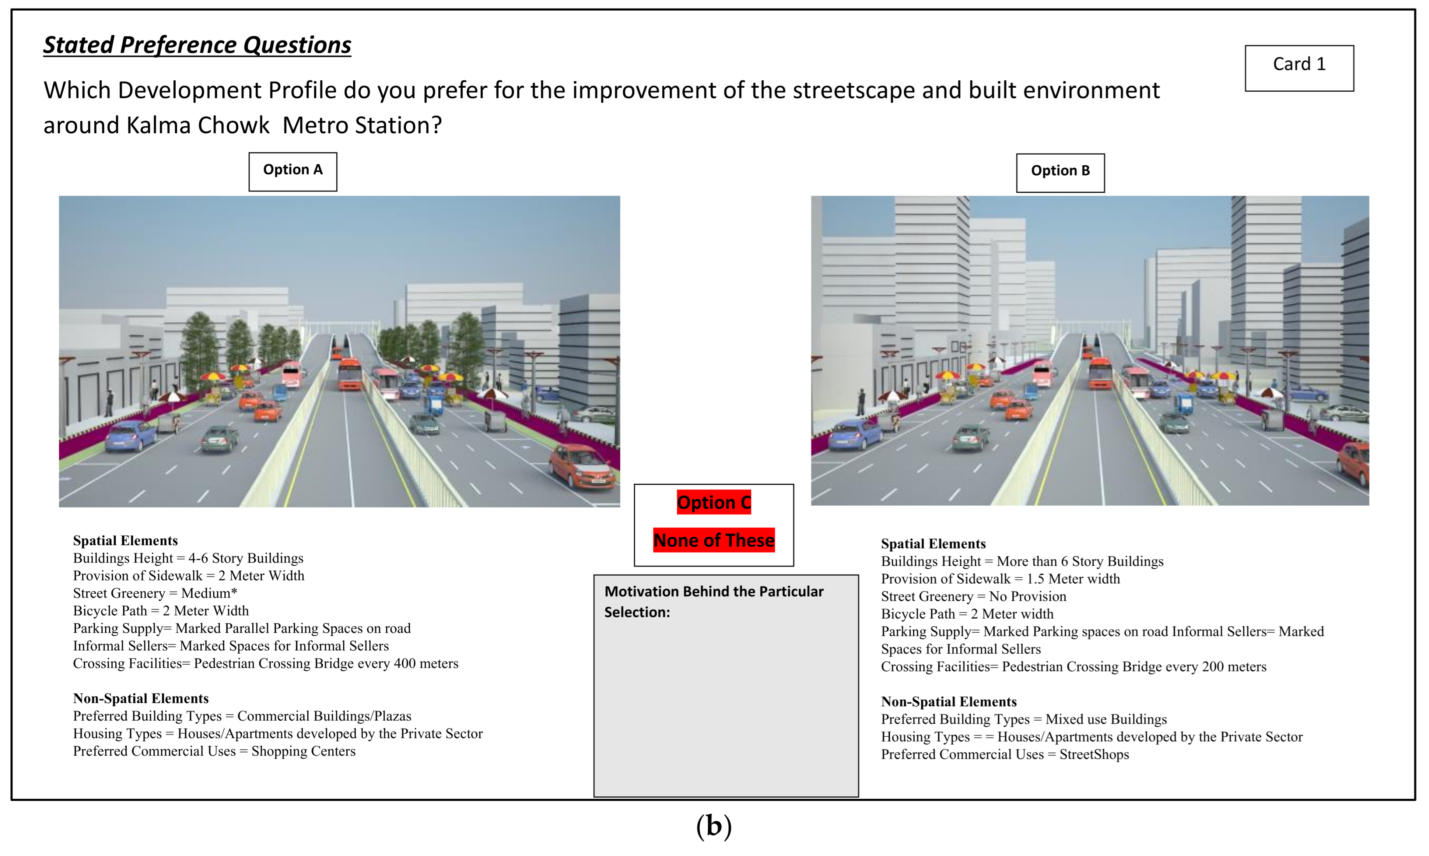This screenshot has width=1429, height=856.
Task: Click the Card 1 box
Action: pyautogui.click(x=1299, y=68)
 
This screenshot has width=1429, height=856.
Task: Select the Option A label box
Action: pyautogui.click(x=293, y=171)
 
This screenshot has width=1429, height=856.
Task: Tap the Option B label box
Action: pyautogui.click(x=1060, y=172)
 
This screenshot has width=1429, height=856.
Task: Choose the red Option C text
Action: pyautogui.click(x=714, y=502)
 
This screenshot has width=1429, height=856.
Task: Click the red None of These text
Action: pyautogui.click(x=714, y=541)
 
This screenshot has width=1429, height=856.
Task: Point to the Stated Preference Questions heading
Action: pyautogui.click(x=197, y=45)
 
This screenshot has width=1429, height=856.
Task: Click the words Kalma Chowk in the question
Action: pyautogui.click(x=198, y=125)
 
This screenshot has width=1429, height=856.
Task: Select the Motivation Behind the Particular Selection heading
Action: pyautogui.click(x=714, y=601)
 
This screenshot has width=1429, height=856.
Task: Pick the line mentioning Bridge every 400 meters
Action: pyautogui.click(x=266, y=663)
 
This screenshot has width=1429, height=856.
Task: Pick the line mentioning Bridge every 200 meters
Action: pyautogui.click(x=1073, y=667)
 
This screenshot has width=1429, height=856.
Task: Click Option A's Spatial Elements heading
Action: pyautogui.click(x=125, y=541)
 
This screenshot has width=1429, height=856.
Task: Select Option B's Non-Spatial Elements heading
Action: pyautogui.click(x=948, y=702)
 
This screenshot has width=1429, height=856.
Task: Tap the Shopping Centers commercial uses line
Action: pyautogui.click(x=214, y=751)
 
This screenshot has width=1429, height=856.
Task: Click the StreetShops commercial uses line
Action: pyautogui.click(x=1005, y=755)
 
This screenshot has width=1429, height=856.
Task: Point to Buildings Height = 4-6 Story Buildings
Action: pyautogui.click(x=188, y=558)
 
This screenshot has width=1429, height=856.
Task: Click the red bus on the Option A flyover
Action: pyautogui.click(x=349, y=374)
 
